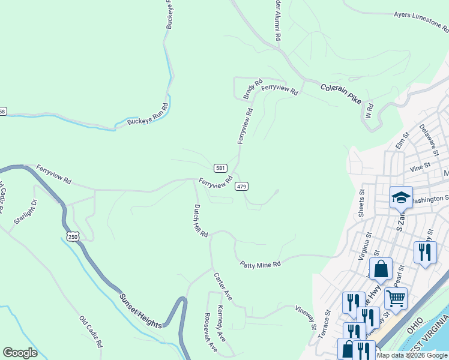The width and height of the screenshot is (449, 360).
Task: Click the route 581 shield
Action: [x=220, y=167]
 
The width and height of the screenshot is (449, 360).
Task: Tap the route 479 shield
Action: [x=241, y=186]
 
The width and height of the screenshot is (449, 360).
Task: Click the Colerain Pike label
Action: [x=341, y=93]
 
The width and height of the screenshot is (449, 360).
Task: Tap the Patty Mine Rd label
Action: [x=261, y=264]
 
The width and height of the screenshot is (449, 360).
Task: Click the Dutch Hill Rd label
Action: [x=200, y=220]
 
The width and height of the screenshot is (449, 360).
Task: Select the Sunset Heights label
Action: [x=140, y=311]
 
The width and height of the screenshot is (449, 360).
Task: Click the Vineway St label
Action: [x=306, y=317]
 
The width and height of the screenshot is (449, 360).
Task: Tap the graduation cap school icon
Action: [x=401, y=197]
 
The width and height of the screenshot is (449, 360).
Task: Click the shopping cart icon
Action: [x=396, y=297]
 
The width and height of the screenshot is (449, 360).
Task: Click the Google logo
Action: [x=20, y=353]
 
